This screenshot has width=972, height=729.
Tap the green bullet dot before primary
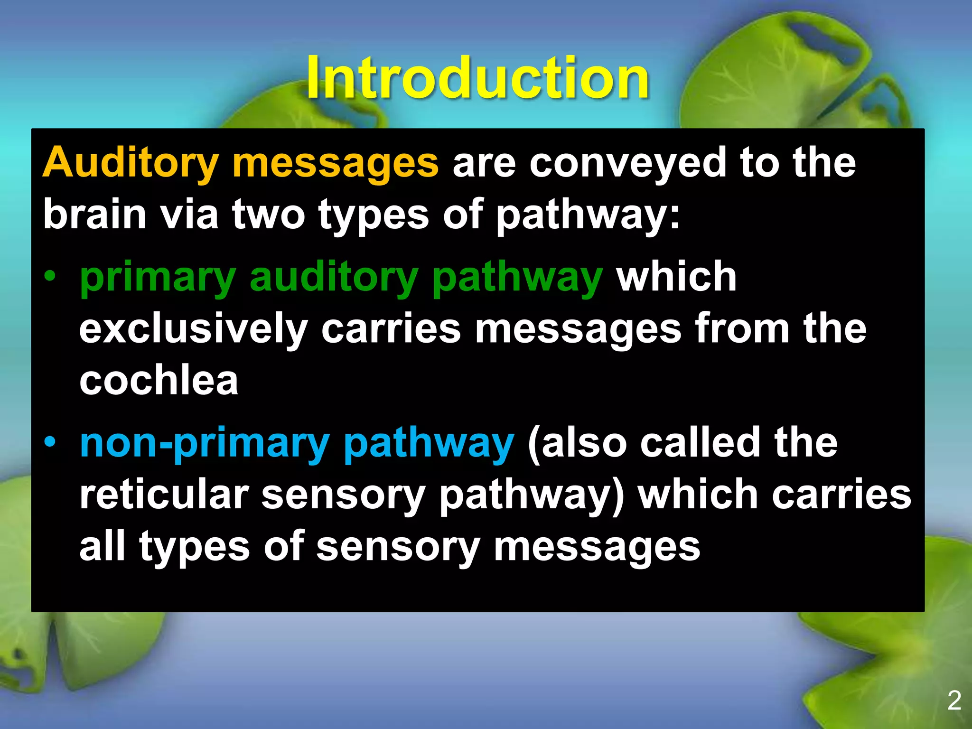coord(50,276)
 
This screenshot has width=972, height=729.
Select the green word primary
coord(158,278)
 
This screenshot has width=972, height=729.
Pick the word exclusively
coord(193,329)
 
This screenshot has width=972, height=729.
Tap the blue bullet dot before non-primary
coord(50,442)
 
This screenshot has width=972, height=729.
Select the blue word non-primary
coord(204,444)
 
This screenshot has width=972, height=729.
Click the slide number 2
coord(954,701)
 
